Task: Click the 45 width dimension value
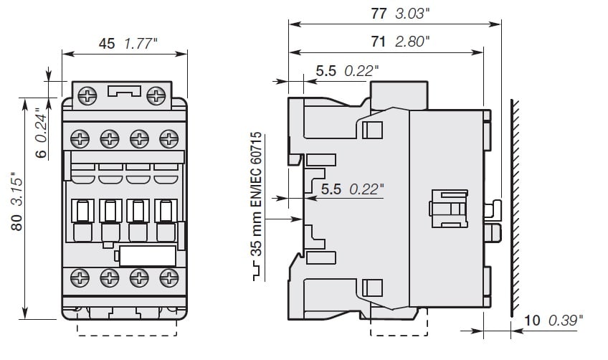click(x=107, y=44)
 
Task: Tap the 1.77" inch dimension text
click(x=141, y=44)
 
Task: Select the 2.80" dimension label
click(x=412, y=41)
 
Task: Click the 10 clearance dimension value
click(x=533, y=320)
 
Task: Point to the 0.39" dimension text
click(x=566, y=320)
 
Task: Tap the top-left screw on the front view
click(x=87, y=95)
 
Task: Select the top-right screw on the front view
click(x=155, y=95)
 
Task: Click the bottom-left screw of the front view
click(x=79, y=278)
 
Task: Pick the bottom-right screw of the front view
click(x=168, y=278)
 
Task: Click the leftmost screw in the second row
click(x=79, y=136)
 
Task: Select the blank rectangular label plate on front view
click(x=147, y=256)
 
